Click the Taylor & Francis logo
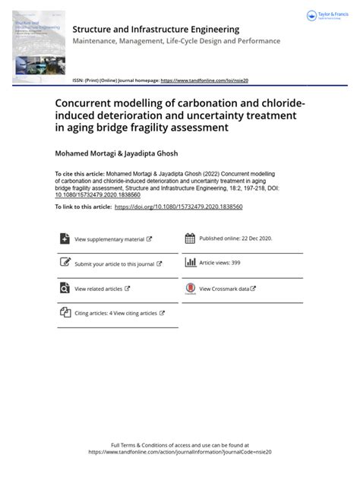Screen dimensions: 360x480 coord(325,16)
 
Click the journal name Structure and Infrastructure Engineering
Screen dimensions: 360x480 coord(156,29)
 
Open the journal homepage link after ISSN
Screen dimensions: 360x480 coord(204,80)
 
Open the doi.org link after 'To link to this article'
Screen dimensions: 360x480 coord(178,207)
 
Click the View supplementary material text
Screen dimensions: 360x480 coord(109,239)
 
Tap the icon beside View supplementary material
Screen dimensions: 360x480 coord(65,238)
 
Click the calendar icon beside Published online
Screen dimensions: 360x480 coord(190,238)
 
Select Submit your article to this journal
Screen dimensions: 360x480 coord(114,264)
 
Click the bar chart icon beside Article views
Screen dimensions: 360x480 coord(190,263)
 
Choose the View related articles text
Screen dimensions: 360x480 coord(98,289)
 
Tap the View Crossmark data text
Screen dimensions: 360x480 coord(224,289)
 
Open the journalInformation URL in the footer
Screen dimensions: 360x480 coord(180,451)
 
